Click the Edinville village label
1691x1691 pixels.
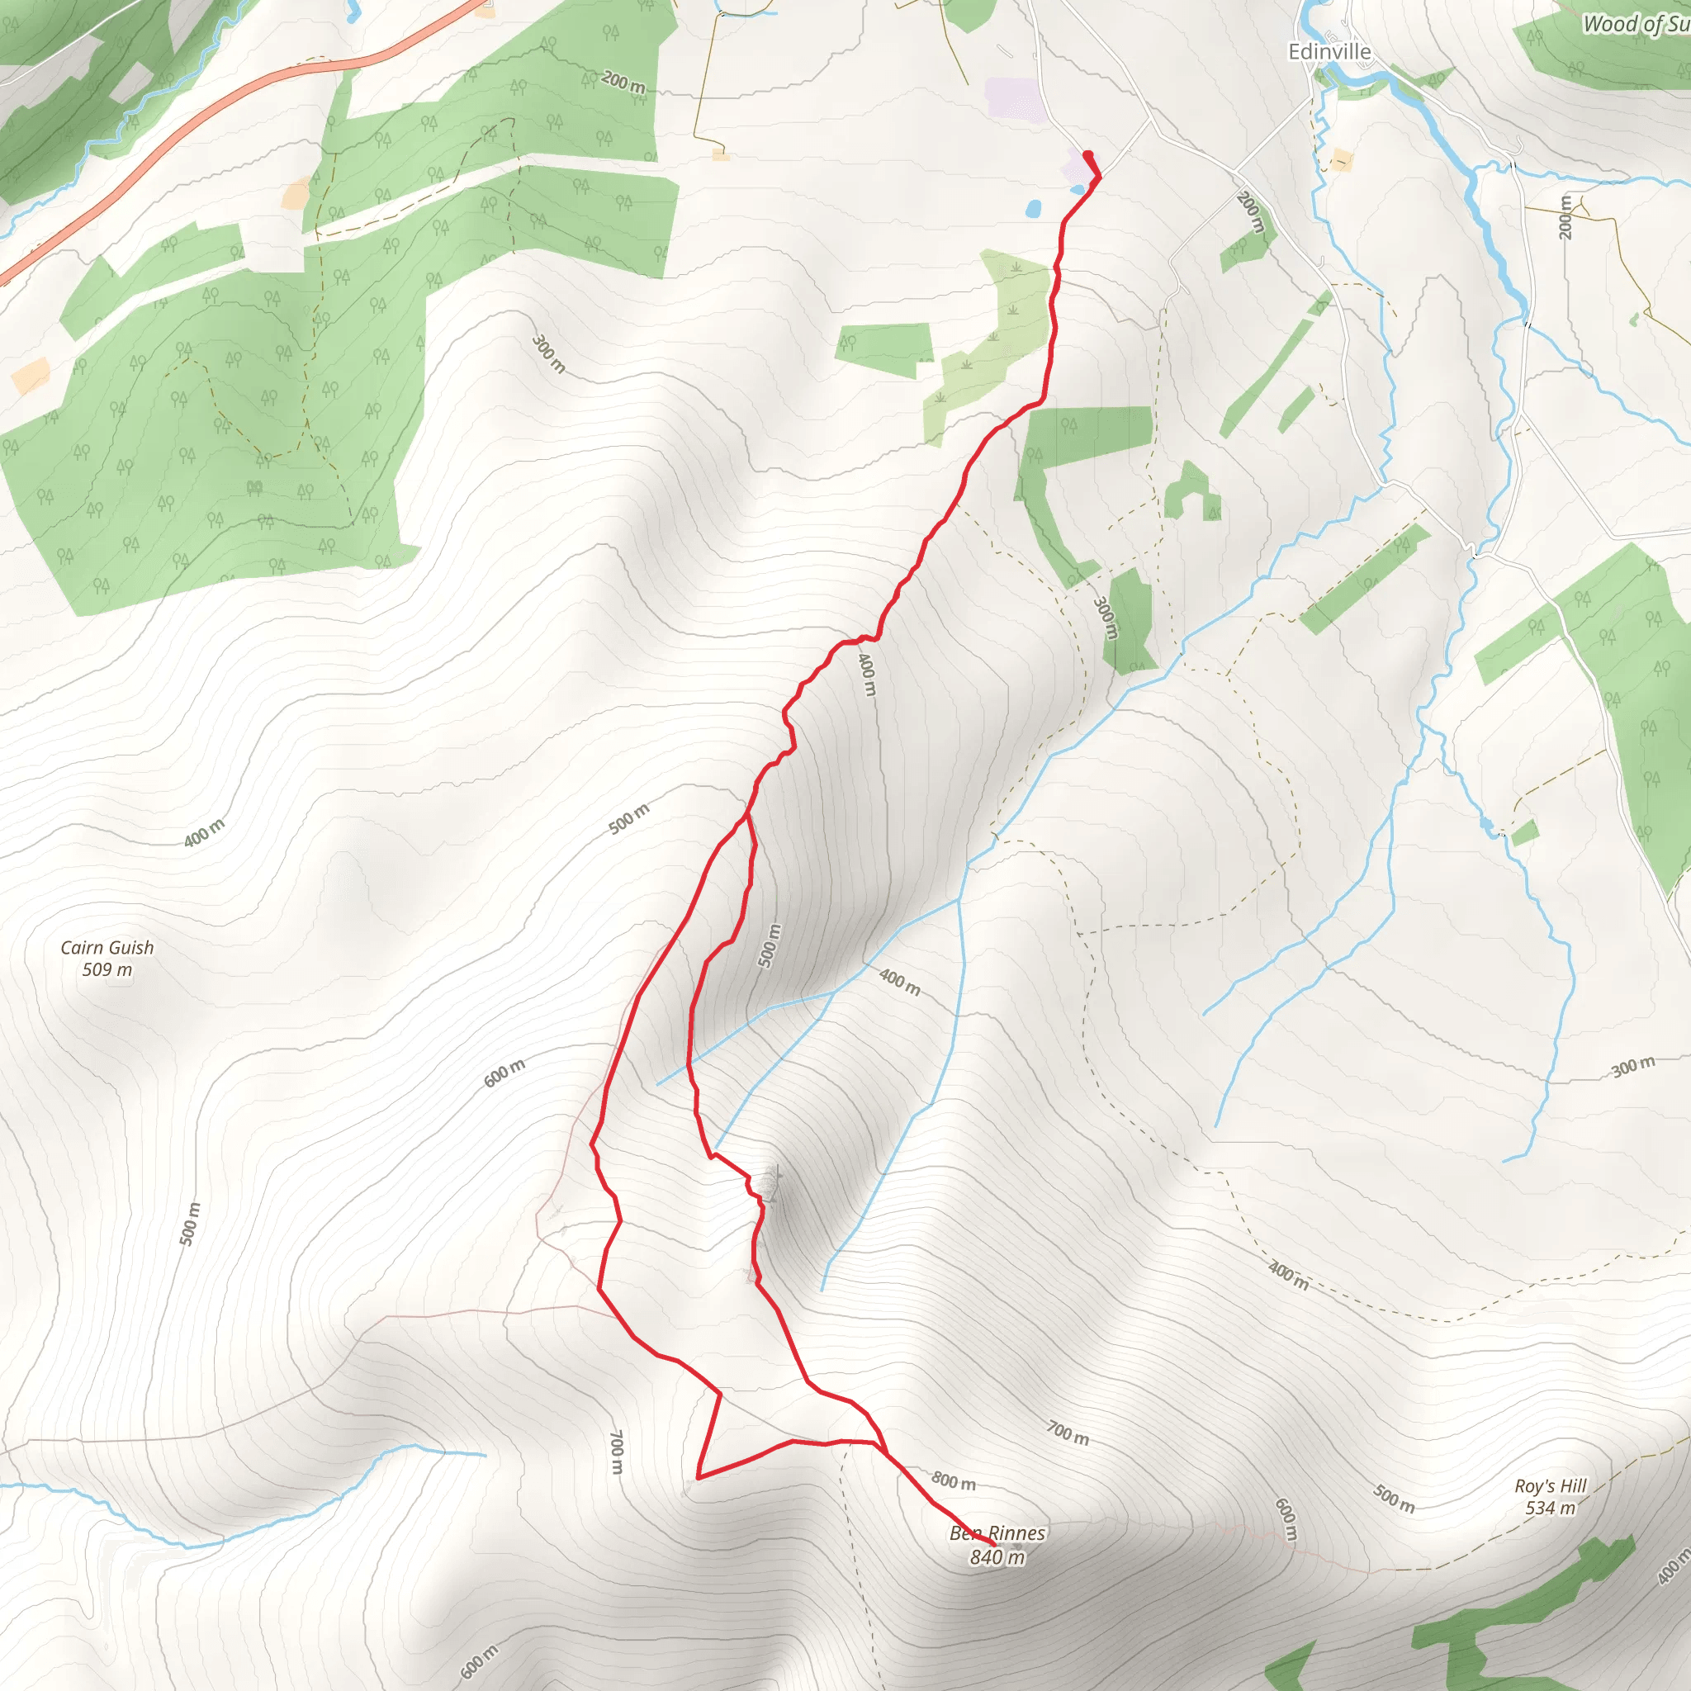(x=1329, y=52)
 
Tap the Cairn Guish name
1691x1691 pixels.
(x=107, y=947)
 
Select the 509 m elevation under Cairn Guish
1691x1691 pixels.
(x=107, y=970)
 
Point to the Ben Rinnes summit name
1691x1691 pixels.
(x=997, y=1533)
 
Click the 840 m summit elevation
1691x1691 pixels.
(x=997, y=1557)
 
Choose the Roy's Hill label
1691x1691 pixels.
(x=1550, y=1486)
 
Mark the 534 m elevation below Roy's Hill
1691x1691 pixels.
(x=1550, y=1508)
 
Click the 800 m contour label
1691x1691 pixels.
(x=953, y=1481)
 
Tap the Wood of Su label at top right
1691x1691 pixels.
(x=1634, y=25)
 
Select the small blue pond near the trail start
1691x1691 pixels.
(x=1034, y=209)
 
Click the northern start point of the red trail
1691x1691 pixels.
(x=1088, y=155)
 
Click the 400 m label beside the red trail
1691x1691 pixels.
(x=865, y=674)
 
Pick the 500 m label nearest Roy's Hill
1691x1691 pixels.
(x=1394, y=1499)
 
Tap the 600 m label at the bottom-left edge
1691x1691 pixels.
(x=479, y=1661)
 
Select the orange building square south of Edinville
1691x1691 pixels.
(x=1342, y=160)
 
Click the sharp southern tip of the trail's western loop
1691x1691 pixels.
(x=699, y=1477)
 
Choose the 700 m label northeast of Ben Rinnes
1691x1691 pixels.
(x=1068, y=1433)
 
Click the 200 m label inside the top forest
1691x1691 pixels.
(x=623, y=83)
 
